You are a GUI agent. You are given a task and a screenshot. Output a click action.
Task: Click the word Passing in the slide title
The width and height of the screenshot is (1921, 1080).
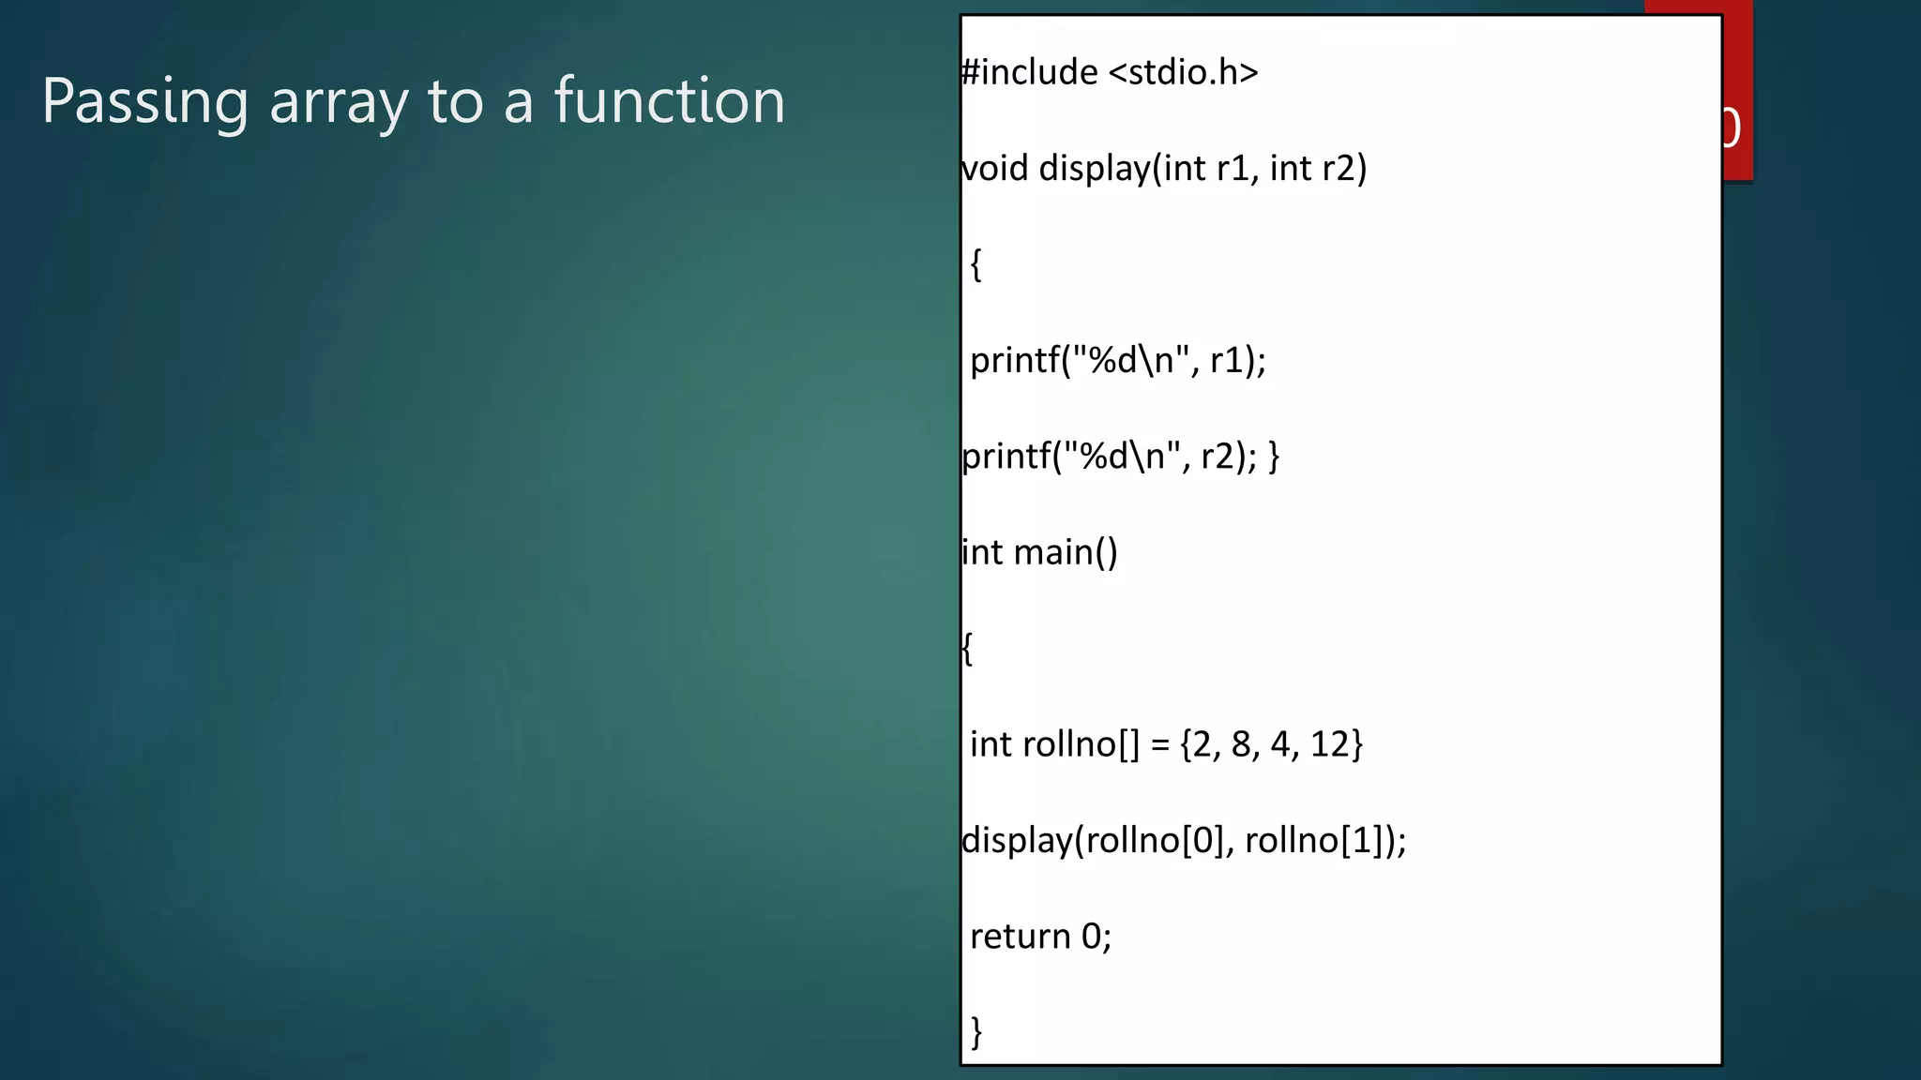(145, 101)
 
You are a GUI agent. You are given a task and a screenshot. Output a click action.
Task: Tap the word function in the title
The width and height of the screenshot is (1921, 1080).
(669, 101)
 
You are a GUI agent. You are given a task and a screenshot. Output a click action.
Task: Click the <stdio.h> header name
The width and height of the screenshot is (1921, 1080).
(1183, 72)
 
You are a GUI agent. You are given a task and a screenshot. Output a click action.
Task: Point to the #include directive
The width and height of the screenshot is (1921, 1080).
(1030, 72)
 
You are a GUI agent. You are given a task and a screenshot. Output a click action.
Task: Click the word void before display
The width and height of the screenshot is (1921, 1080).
(995, 169)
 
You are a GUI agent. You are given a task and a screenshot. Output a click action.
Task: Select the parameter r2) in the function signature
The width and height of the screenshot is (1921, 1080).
(1344, 169)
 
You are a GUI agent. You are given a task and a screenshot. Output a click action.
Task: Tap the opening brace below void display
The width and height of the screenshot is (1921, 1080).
(976, 265)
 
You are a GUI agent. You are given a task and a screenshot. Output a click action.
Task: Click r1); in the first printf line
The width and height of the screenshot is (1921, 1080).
(1237, 361)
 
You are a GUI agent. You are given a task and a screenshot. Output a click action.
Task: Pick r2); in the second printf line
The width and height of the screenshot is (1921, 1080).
(1229, 457)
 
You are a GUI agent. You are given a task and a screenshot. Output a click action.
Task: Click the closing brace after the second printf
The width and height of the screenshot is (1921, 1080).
(1274, 457)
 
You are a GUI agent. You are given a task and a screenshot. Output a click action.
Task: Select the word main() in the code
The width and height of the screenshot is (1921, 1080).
(1066, 553)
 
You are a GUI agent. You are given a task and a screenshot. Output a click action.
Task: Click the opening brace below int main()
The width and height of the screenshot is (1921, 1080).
(967, 649)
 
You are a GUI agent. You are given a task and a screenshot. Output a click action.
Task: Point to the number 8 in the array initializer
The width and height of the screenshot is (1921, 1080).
(1242, 744)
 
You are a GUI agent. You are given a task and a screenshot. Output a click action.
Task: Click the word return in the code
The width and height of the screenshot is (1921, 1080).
(1020, 937)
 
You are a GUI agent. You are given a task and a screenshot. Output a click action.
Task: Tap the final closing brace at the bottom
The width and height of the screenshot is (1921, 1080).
(976, 1032)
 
